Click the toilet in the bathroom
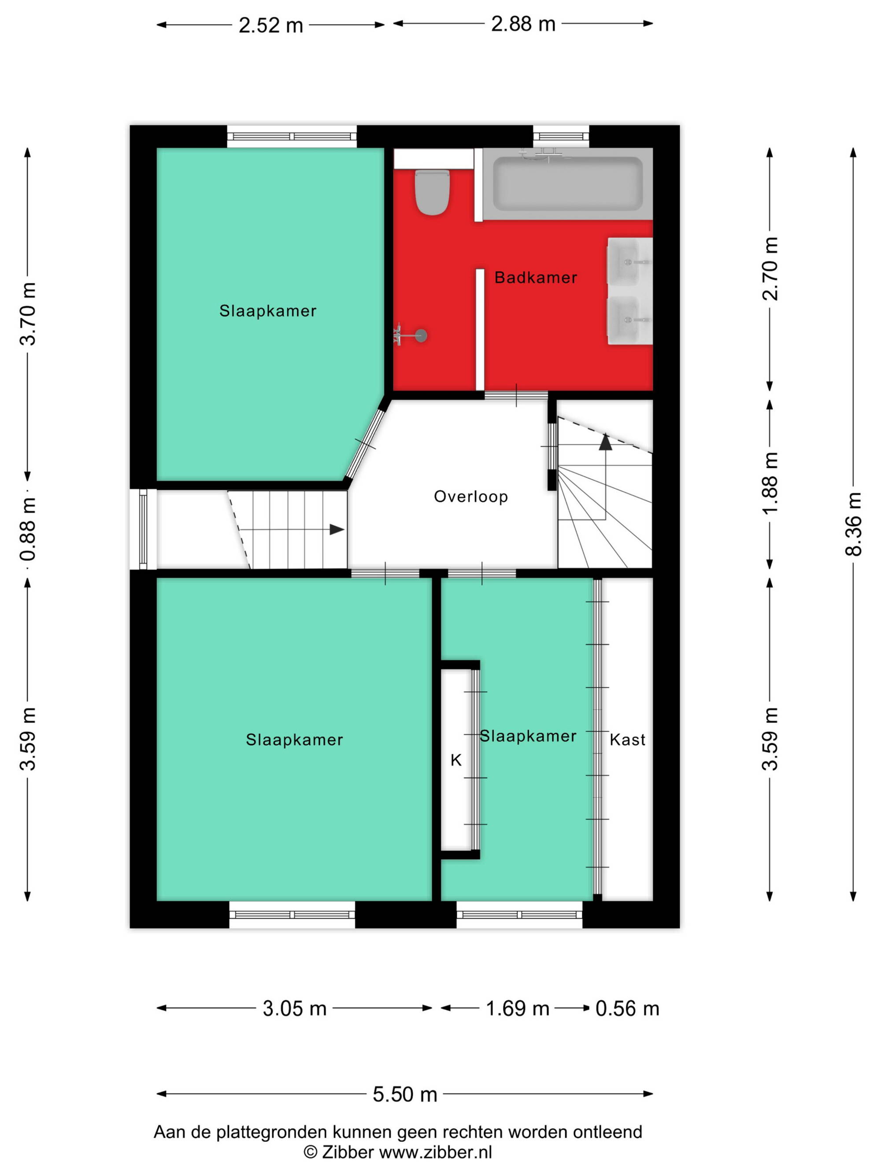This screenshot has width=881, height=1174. [432, 191]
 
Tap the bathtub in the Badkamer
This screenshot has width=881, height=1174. [567, 184]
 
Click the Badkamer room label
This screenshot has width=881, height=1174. [535, 278]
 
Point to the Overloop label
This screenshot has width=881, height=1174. [471, 497]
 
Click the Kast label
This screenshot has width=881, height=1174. [627, 740]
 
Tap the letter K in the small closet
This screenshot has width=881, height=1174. [455, 761]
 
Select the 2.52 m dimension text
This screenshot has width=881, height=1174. [271, 26]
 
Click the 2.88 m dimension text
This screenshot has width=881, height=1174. [523, 24]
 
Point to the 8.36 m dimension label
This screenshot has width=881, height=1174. [853, 524]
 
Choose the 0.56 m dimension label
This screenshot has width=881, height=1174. [627, 1008]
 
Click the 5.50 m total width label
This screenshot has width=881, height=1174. [405, 1094]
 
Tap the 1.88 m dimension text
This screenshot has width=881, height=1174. [770, 482]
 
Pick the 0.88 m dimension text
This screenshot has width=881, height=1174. [28, 529]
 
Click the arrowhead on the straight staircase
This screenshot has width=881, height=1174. [337, 529]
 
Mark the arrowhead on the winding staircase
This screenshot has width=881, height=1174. [605, 442]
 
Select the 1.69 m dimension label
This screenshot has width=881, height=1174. [518, 1008]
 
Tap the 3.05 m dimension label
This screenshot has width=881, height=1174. [295, 1008]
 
